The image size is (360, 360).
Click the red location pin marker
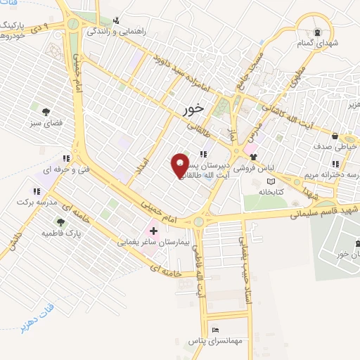click(x=181, y=165)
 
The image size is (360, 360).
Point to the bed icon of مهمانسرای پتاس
click(x=216, y=330)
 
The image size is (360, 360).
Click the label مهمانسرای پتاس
click(x=216, y=340)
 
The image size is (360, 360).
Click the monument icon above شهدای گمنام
click(x=316, y=32)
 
